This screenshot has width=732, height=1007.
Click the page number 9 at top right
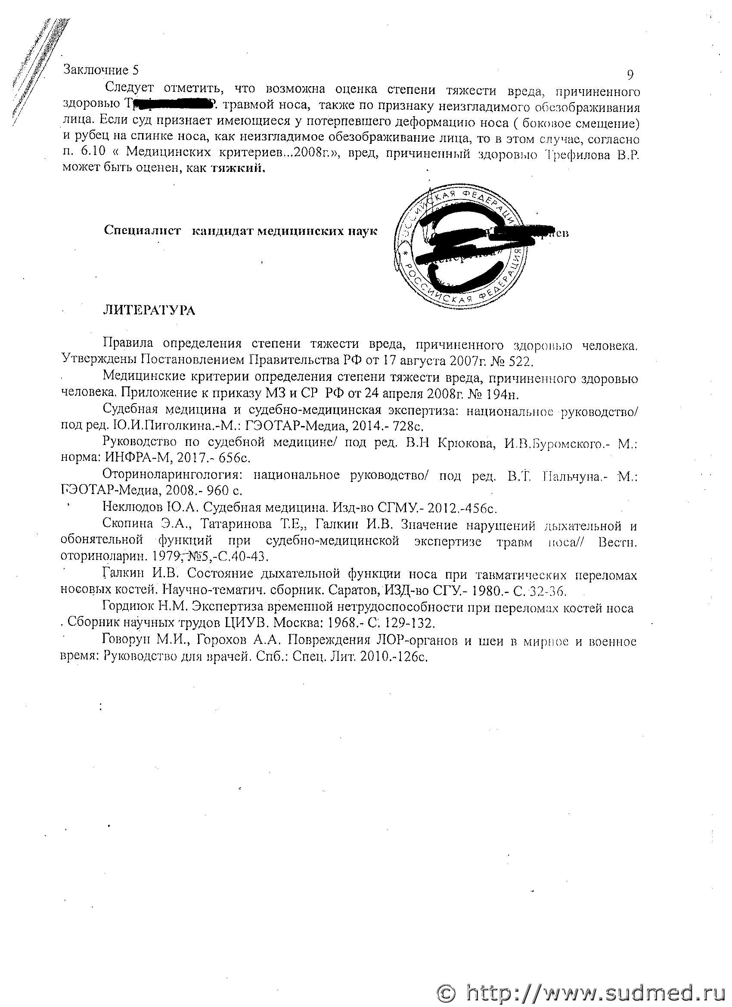point(630,75)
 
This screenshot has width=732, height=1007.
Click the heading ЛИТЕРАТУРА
point(149,310)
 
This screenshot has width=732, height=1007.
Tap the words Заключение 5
point(101,70)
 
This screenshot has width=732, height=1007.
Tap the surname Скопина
point(127,524)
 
